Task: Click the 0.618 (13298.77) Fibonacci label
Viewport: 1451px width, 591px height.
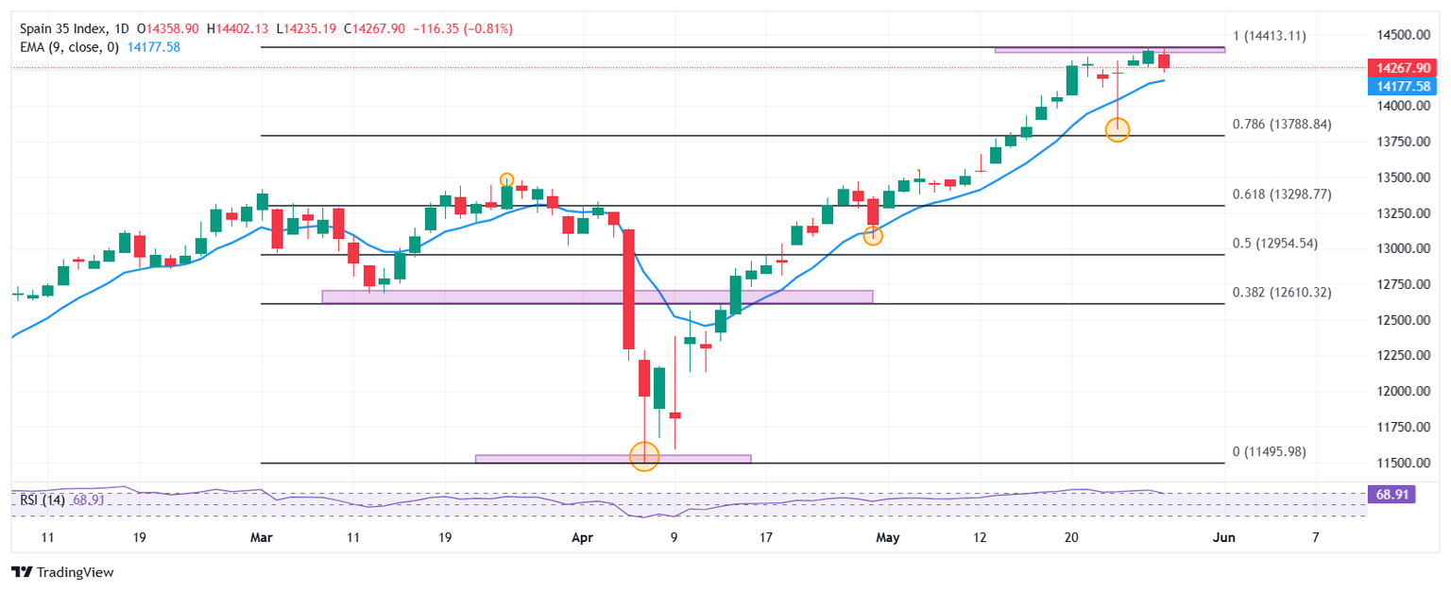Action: click(1281, 194)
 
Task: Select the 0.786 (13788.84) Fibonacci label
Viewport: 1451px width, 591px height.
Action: click(1281, 124)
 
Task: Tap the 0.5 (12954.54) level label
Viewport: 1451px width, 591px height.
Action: click(1275, 244)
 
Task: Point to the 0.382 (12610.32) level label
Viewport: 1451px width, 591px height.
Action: click(1281, 293)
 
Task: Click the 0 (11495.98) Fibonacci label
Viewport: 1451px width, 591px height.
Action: click(1269, 452)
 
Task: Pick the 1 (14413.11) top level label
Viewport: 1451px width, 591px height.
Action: click(1269, 36)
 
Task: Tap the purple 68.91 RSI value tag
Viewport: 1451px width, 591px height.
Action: click(1390, 494)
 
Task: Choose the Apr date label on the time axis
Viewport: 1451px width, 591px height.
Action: click(582, 538)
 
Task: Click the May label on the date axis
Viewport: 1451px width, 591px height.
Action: click(887, 538)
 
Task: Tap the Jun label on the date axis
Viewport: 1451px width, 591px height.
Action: click(1223, 538)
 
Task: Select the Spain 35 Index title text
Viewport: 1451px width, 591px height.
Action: click(69, 29)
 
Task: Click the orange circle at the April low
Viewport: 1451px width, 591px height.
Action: click(644, 458)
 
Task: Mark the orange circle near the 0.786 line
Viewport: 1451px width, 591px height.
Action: click(1118, 130)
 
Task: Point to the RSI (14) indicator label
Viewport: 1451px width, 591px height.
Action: click(42, 499)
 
